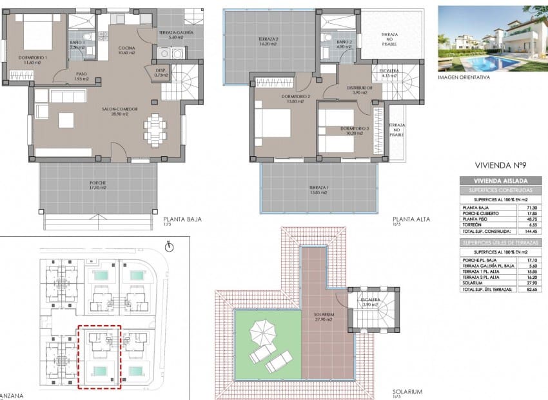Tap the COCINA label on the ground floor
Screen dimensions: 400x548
pos(126,48)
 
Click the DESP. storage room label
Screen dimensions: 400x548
pos(157,70)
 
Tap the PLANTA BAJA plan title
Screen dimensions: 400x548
pos(182,219)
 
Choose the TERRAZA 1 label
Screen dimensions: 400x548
pos(318,188)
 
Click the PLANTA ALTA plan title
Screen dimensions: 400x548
pos(414,219)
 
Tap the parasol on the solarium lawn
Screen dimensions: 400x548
pos(262,332)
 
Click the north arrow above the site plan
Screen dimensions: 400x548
pos(169,246)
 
